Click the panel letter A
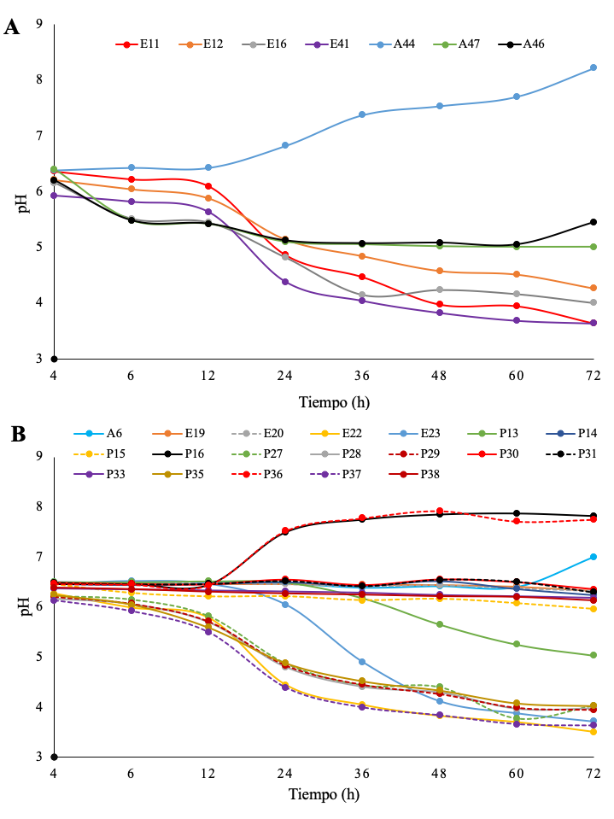(x=12, y=26)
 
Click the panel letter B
(x=16, y=434)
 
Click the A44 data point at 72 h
(x=594, y=67)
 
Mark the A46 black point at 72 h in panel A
(x=594, y=222)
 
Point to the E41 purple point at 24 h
(x=285, y=282)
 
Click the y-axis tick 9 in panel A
(x=38, y=24)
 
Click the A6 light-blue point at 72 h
(x=594, y=557)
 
